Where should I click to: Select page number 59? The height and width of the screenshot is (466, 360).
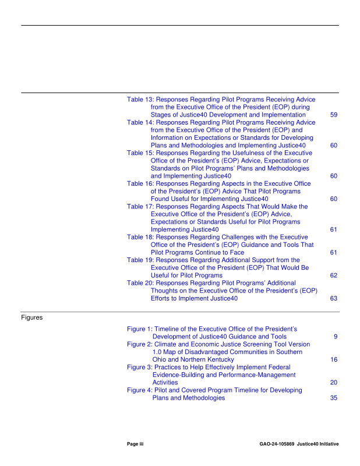(334, 115)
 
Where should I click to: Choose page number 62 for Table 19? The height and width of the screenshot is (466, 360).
(334, 275)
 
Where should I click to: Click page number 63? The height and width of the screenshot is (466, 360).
(334, 299)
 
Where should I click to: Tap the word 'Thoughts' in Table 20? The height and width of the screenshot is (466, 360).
(166, 291)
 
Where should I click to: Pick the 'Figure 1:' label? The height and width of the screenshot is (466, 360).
(140, 329)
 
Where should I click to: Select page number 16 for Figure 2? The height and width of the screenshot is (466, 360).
(334, 360)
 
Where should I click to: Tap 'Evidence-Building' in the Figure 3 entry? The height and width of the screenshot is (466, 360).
(177, 375)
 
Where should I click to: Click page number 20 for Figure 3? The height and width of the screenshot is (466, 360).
(334, 383)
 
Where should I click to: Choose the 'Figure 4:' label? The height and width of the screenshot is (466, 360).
(140, 390)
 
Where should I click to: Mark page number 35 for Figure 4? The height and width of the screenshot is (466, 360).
(334, 398)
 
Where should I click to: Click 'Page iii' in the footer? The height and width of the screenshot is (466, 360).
(135, 444)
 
